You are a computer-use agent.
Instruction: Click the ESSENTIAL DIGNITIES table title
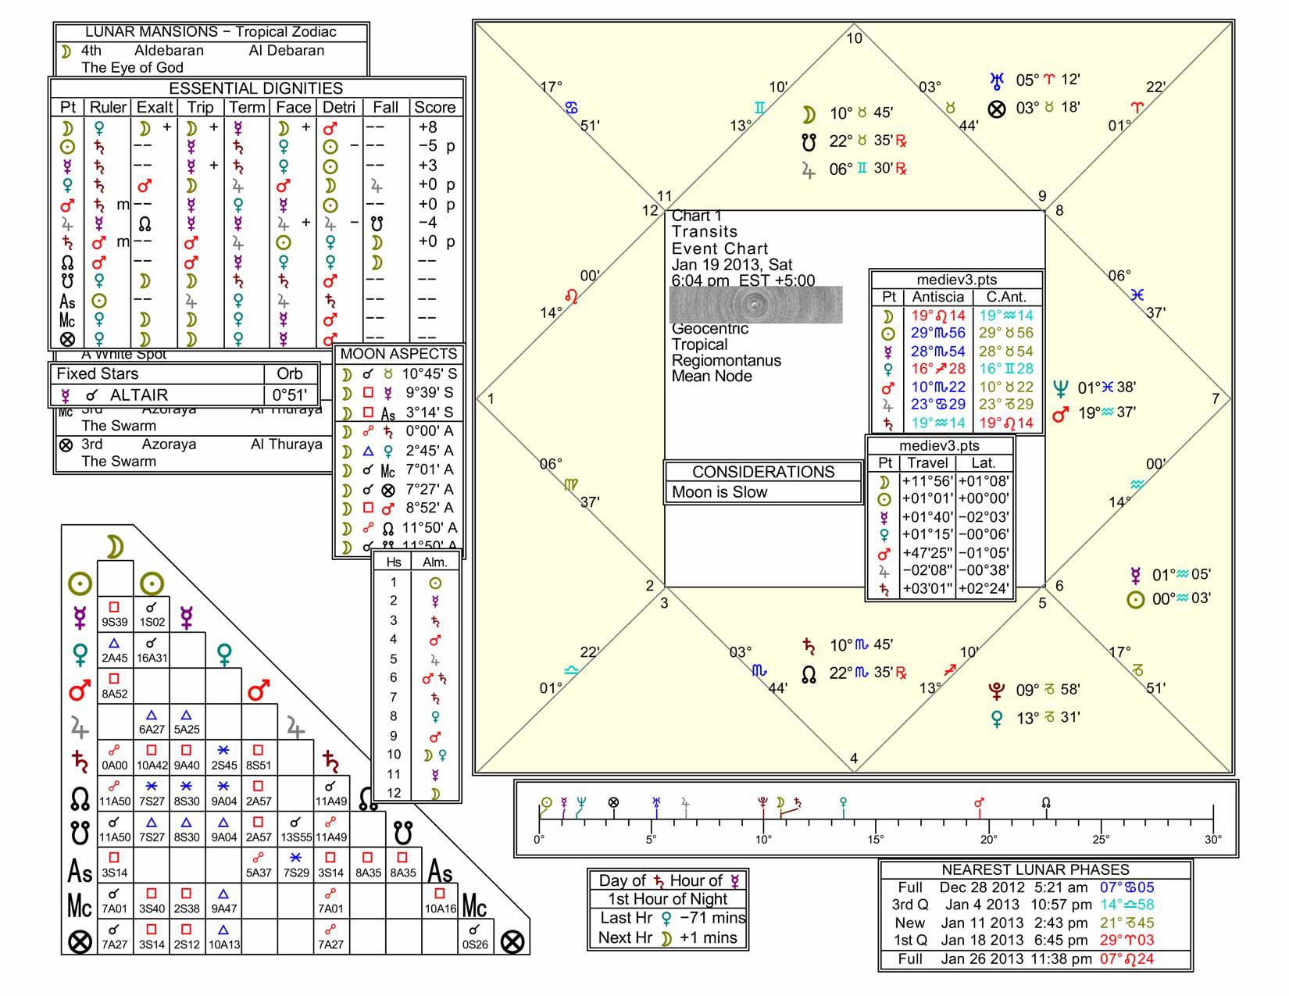click(255, 88)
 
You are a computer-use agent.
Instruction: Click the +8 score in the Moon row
click(427, 127)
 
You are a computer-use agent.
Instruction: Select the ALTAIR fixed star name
click(138, 395)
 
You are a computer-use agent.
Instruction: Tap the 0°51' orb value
click(289, 395)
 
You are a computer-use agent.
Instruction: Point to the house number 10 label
click(855, 38)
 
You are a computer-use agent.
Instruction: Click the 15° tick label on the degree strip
click(876, 840)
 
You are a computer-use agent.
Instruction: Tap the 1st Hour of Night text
click(668, 899)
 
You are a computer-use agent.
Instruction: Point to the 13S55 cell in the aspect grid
click(296, 837)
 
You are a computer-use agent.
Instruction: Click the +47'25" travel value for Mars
click(927, 553)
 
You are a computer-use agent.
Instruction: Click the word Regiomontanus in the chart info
click(726, 361)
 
